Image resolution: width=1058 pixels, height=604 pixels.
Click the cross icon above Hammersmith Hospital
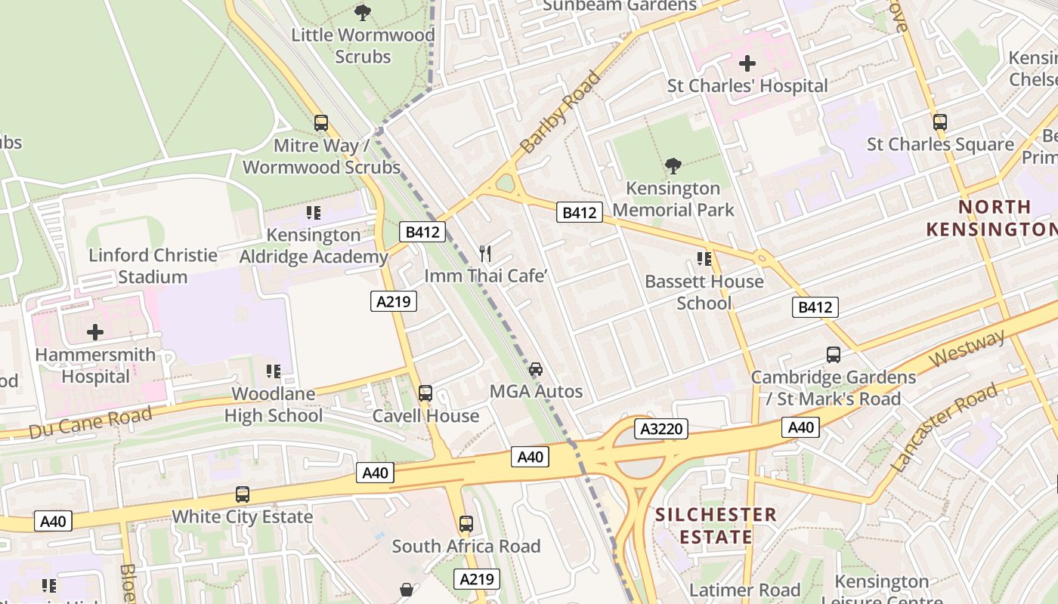pos(95,331)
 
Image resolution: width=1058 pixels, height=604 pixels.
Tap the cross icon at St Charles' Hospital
pos(747,63)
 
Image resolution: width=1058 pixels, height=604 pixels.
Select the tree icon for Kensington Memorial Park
pos(673,165)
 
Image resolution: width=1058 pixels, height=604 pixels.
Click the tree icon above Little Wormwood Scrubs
pos(363,12)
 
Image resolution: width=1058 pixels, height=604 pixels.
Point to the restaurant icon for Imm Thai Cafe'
pos(485,254)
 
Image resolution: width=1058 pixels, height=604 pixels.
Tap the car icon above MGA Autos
pos(535,369)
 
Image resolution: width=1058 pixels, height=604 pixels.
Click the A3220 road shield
pos(661,429)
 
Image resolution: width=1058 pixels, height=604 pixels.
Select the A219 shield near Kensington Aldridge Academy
pos(394,301)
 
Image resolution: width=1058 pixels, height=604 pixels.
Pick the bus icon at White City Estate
pos(242,495)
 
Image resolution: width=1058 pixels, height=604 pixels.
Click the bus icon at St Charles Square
pos(939,122)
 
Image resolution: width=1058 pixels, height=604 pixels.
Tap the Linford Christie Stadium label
pos(153,266)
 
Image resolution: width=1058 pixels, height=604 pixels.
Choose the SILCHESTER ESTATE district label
pos(715,525)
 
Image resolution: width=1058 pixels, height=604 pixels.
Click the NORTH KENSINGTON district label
pos(990,217)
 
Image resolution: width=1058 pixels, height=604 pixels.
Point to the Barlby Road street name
pos(560,112)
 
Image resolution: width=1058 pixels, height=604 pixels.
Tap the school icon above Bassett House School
pos(704,259)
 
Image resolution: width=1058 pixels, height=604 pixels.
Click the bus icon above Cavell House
pos(425,393)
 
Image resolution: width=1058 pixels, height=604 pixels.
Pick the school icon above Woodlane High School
pos(274,371)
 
